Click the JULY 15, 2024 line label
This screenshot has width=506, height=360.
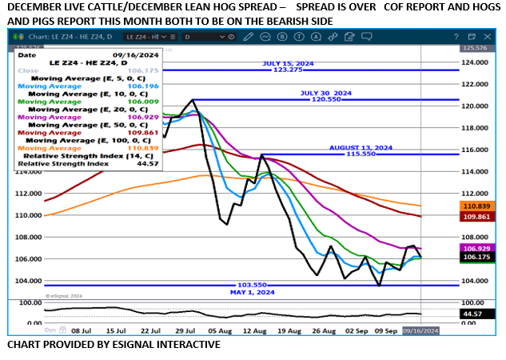pos(289,64)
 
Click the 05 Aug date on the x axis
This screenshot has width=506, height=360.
pos(219,329)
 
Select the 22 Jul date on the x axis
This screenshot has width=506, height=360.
pos(151,329)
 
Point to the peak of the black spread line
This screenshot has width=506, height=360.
pos(193,100)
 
